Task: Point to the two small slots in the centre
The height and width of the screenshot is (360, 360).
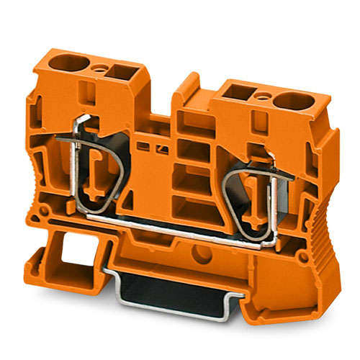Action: pyautogui.click(x=155, y=150)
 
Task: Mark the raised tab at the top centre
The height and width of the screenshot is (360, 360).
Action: pyautogui.click(x=189, y=85)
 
